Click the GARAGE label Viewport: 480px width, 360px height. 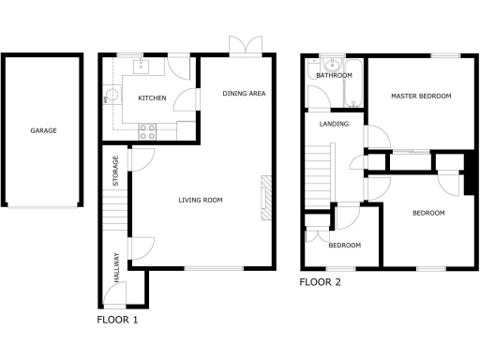[43, 130]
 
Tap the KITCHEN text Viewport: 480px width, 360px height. [152, 98]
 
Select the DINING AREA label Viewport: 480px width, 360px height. [244, 94]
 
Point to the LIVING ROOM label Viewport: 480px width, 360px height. [201, 200]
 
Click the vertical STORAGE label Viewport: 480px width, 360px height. [116, 171]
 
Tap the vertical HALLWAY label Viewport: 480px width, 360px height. [116, 268]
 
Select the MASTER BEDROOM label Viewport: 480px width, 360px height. [422, 96]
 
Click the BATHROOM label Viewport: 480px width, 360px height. [334, 75]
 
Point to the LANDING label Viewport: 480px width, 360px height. [334, 124]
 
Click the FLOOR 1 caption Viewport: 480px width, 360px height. [117, 320]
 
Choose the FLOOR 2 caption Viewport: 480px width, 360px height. [321, 281]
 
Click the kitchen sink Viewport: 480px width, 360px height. [141, 66]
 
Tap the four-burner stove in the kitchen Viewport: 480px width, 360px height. [147, 132]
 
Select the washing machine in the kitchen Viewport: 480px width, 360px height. [110, 95]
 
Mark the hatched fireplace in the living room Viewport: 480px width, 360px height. [265, 198]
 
